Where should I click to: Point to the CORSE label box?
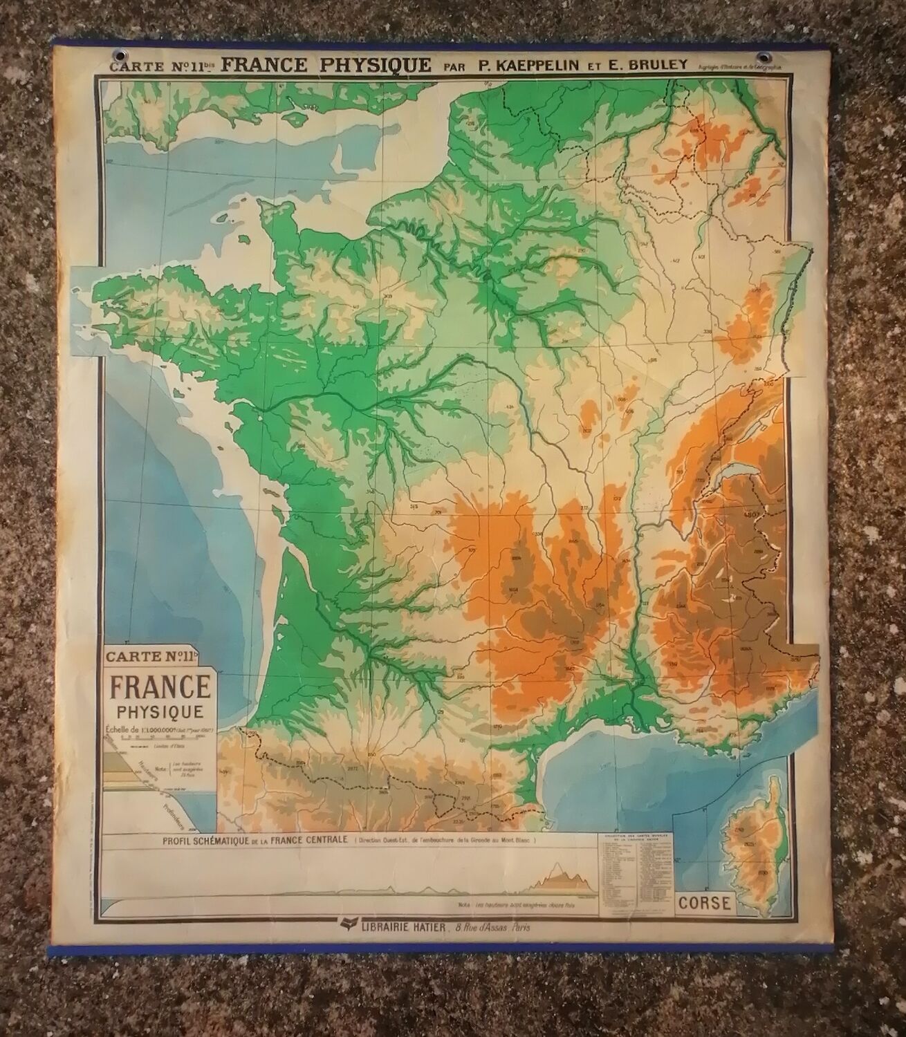(705, 903)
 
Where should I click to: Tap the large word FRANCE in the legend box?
(158, 688)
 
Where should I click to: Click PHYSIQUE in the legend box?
(158, 710)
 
